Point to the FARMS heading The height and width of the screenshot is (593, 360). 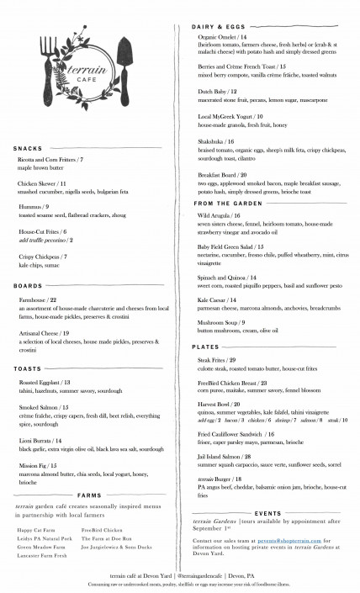click(90, 495)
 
